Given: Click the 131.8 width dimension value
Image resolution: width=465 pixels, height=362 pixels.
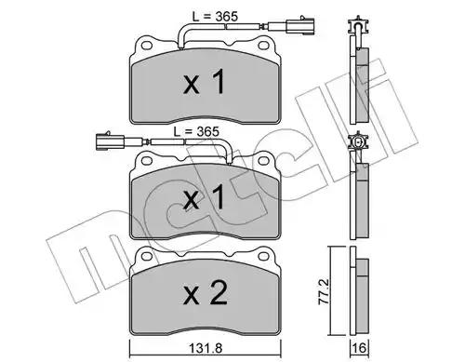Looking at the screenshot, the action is [x=206, y=348].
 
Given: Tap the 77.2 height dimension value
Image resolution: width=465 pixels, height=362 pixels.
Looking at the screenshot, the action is [x=324, y=291].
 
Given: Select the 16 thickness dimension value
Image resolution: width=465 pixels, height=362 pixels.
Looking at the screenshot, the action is [x=359, y=348].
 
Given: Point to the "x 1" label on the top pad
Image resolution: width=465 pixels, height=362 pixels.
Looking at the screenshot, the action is [x=204, y=82].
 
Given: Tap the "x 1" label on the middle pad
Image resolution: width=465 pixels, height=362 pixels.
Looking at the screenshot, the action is [x=204, y=196].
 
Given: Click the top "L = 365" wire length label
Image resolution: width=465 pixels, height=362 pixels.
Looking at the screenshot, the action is [x=215, y=16].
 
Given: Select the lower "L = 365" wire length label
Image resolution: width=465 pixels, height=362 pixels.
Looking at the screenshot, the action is [x=196, y=131].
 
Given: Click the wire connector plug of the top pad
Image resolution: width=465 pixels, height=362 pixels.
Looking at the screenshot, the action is [x=299, y=25].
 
